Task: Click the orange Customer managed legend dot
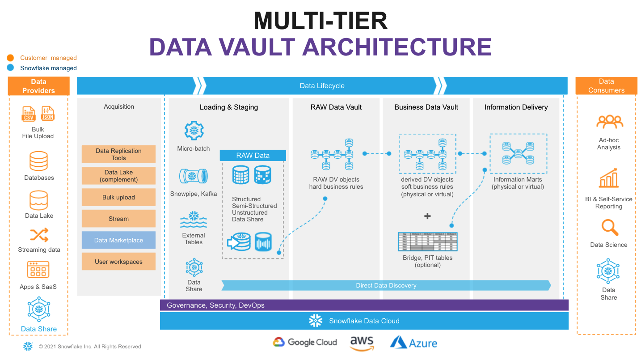pos(11,58)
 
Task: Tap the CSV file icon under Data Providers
pos(29,114)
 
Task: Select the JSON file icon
pos(47,114)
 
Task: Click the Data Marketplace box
pos(118,240)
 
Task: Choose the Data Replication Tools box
pos(118,154)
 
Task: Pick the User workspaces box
pos(118,262)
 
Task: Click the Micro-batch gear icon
pos(194,131)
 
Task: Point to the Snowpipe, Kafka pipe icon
pos(193,176)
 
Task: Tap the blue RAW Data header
pos(253,156)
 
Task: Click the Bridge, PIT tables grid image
pos(427,241)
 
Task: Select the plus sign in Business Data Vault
pos(427,216)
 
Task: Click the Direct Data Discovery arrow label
pos(386,285)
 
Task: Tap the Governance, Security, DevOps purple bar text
pos(215,305)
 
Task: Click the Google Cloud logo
pos(305,343)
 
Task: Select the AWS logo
pos(362,343)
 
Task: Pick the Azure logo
pos(413,343)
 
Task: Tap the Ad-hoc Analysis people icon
pos(609,122)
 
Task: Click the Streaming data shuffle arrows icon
pos(39,235)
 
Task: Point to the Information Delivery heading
pos(516,107)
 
